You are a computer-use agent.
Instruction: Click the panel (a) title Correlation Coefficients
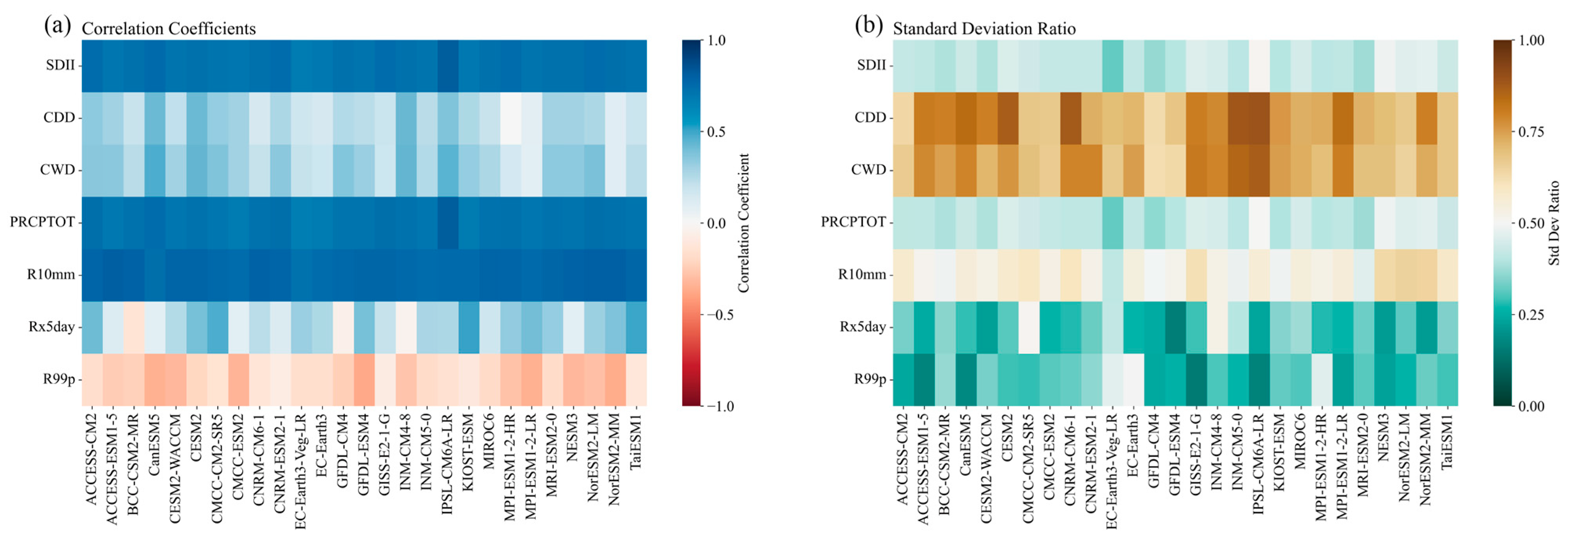168,29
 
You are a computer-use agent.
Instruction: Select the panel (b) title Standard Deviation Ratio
984,29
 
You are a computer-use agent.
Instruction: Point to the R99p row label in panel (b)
870,379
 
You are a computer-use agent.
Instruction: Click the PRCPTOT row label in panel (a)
42,222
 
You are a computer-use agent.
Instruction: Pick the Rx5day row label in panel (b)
863,327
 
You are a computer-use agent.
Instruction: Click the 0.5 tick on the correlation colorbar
716,132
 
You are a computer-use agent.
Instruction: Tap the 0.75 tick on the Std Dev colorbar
1531,132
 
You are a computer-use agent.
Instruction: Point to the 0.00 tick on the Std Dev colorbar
1531,406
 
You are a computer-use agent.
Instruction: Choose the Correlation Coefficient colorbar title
743,223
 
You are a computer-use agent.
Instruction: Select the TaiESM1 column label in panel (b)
1447,442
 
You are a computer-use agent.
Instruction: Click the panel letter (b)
868,26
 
